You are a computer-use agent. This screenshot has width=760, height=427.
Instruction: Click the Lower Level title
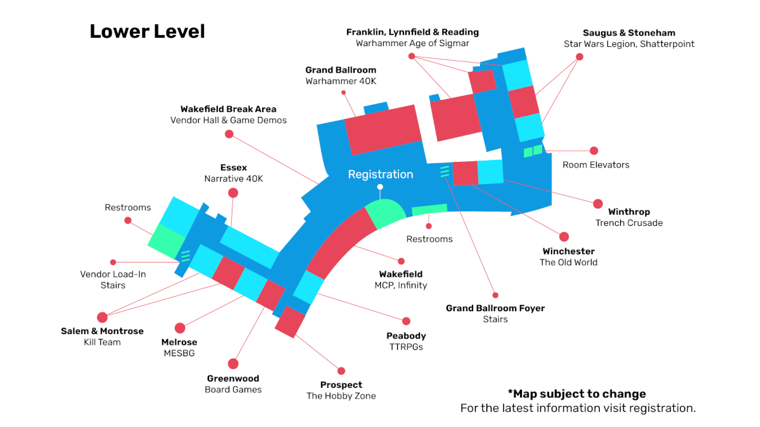[x=147, y=32]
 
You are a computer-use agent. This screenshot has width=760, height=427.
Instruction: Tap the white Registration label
[x=381, y=174]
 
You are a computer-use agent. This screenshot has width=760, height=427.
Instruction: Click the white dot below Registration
[x=380, y=187]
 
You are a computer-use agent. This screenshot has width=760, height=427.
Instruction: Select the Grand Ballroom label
[x=341, y=70]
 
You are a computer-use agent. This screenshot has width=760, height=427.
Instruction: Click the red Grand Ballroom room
[x=383, y=130]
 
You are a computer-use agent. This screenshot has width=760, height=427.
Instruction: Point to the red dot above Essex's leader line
[x=233, y=193]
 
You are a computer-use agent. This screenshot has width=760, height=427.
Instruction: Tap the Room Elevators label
[x=596, y=164]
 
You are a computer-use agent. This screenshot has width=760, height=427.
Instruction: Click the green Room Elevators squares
[x=533, y=151]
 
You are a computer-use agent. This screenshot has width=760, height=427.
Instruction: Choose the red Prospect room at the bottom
[x=290, y=322]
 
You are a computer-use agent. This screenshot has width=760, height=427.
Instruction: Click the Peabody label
[x=406, y=336]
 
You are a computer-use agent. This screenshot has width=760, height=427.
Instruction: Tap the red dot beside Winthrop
[x=598, y=204]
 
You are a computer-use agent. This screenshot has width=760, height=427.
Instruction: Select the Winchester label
[x=568, y=251]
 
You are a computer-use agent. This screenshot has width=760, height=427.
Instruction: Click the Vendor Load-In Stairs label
[x=113, y=280]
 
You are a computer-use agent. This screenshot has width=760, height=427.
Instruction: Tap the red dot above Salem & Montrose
[x=102, y=317]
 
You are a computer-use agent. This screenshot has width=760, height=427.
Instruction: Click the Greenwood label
[x=233, y=378]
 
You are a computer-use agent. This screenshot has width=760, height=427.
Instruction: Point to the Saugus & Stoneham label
[x=629, y=33]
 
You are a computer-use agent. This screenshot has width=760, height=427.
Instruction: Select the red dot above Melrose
[x=180, y=328]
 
